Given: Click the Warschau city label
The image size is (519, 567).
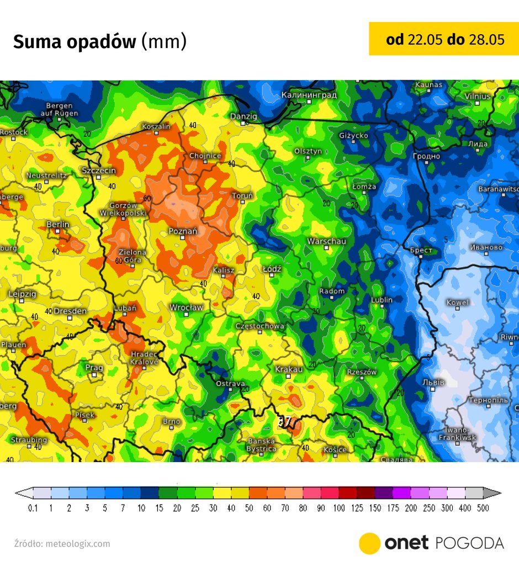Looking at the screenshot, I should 326,241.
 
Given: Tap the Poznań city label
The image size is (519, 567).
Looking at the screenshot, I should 183,231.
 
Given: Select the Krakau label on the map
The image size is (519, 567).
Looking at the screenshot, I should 289,369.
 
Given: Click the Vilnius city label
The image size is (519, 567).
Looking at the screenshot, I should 477,96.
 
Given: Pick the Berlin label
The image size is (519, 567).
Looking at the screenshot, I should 58,224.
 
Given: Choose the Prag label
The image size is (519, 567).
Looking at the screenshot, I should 94,367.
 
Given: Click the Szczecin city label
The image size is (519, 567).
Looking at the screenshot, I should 99,170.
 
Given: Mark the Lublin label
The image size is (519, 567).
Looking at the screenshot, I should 382,300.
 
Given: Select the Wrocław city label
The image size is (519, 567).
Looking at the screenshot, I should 186,307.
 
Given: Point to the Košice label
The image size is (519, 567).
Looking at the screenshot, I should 335,449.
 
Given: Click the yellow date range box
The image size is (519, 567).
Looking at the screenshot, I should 444,39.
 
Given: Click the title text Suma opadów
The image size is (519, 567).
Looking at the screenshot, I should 75,42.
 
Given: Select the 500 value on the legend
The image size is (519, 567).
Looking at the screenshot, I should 483,508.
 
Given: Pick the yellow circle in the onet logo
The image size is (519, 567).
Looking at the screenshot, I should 369,543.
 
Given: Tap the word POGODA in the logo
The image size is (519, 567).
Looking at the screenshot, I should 469,543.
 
